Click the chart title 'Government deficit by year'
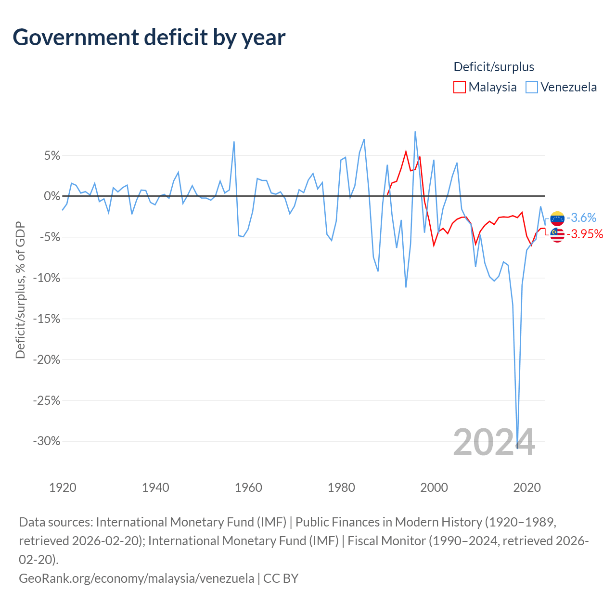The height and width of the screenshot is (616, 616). pos(149,38)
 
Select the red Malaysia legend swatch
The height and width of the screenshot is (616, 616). pos(460,87)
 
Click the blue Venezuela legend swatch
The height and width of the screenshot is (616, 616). pos(532,87)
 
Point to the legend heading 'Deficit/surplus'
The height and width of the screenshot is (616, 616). pos(494,67)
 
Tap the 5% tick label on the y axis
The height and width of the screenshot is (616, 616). pos(52,155)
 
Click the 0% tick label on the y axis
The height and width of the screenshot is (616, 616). pos(52,196)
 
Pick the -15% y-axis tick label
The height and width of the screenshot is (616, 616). pos(47,319)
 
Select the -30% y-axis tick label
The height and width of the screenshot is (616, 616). pos(47,441)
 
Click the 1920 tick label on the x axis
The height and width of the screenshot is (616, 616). pos(63,488)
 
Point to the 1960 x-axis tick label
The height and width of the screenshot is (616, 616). pos(248,488)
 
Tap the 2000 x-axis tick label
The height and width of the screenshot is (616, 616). pos(434,488)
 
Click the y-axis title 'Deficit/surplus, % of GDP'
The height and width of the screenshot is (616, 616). pos(20,290)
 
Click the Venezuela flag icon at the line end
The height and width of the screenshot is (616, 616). pos(557,218)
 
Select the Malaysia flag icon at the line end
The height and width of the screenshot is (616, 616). pos(557,235)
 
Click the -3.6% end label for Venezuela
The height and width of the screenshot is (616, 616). pos(581,218)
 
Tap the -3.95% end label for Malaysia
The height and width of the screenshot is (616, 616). pos(585,234)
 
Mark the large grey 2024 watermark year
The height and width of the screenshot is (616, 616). pos(494,443)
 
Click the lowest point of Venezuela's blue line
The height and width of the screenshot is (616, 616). pos(517,448)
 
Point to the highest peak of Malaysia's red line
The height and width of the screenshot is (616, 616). pos(406,152)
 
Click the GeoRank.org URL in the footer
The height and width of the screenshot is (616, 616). pos(137,578)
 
